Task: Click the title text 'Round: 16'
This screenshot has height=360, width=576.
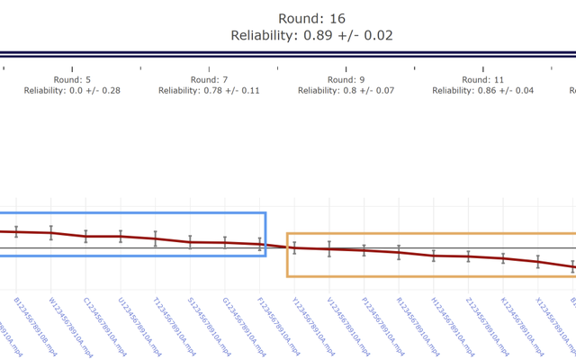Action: click(x=311, y=18)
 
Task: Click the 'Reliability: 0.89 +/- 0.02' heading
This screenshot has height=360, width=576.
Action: click(x=311, y=36)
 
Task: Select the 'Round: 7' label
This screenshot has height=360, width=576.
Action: click(x=210, y=79)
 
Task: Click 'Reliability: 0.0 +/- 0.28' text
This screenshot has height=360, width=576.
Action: click(x=72, y=91)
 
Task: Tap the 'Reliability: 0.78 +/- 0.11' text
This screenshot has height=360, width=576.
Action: click(x=210, y=91)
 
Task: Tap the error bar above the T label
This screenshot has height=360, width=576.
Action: click(x=156, y=238)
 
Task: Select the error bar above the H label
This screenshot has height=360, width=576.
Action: click(x=434, y=256)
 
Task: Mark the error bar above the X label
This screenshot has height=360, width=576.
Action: click(x=538, y=262)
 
